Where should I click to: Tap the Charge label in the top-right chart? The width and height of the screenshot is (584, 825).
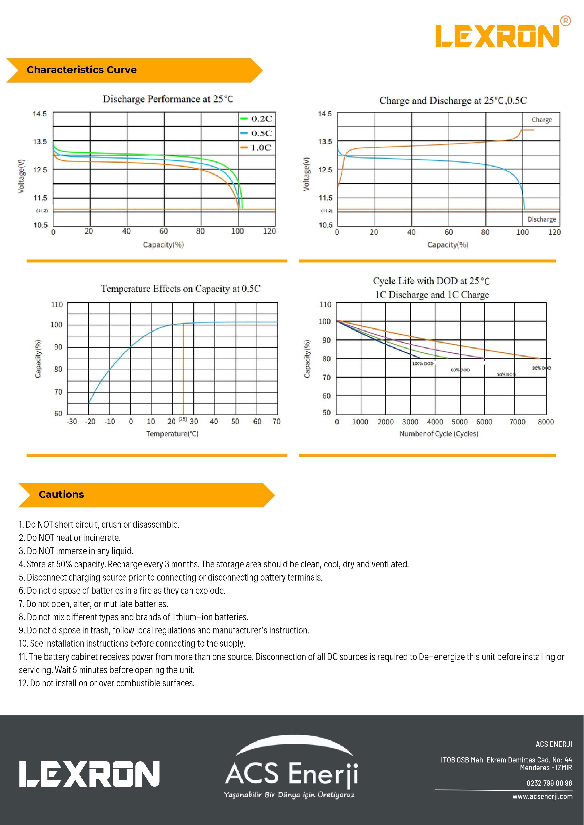542,120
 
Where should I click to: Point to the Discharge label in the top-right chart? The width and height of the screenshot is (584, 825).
542,219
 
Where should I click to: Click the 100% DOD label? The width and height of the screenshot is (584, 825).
423,364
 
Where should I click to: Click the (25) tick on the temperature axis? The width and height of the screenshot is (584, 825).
183,419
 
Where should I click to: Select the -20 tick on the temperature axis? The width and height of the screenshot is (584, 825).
90,421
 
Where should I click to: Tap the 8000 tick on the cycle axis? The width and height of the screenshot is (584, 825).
545,422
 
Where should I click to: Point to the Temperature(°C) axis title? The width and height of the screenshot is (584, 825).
172,434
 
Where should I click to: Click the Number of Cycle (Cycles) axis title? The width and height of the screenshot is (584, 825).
439,434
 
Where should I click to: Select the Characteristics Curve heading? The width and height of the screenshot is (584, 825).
82,70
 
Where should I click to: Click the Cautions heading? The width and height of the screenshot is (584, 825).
61,495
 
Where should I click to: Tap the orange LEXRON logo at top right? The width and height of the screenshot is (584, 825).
498,36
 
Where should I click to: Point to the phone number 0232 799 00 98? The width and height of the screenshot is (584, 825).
549,783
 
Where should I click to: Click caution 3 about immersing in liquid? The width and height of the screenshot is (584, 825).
76,551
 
